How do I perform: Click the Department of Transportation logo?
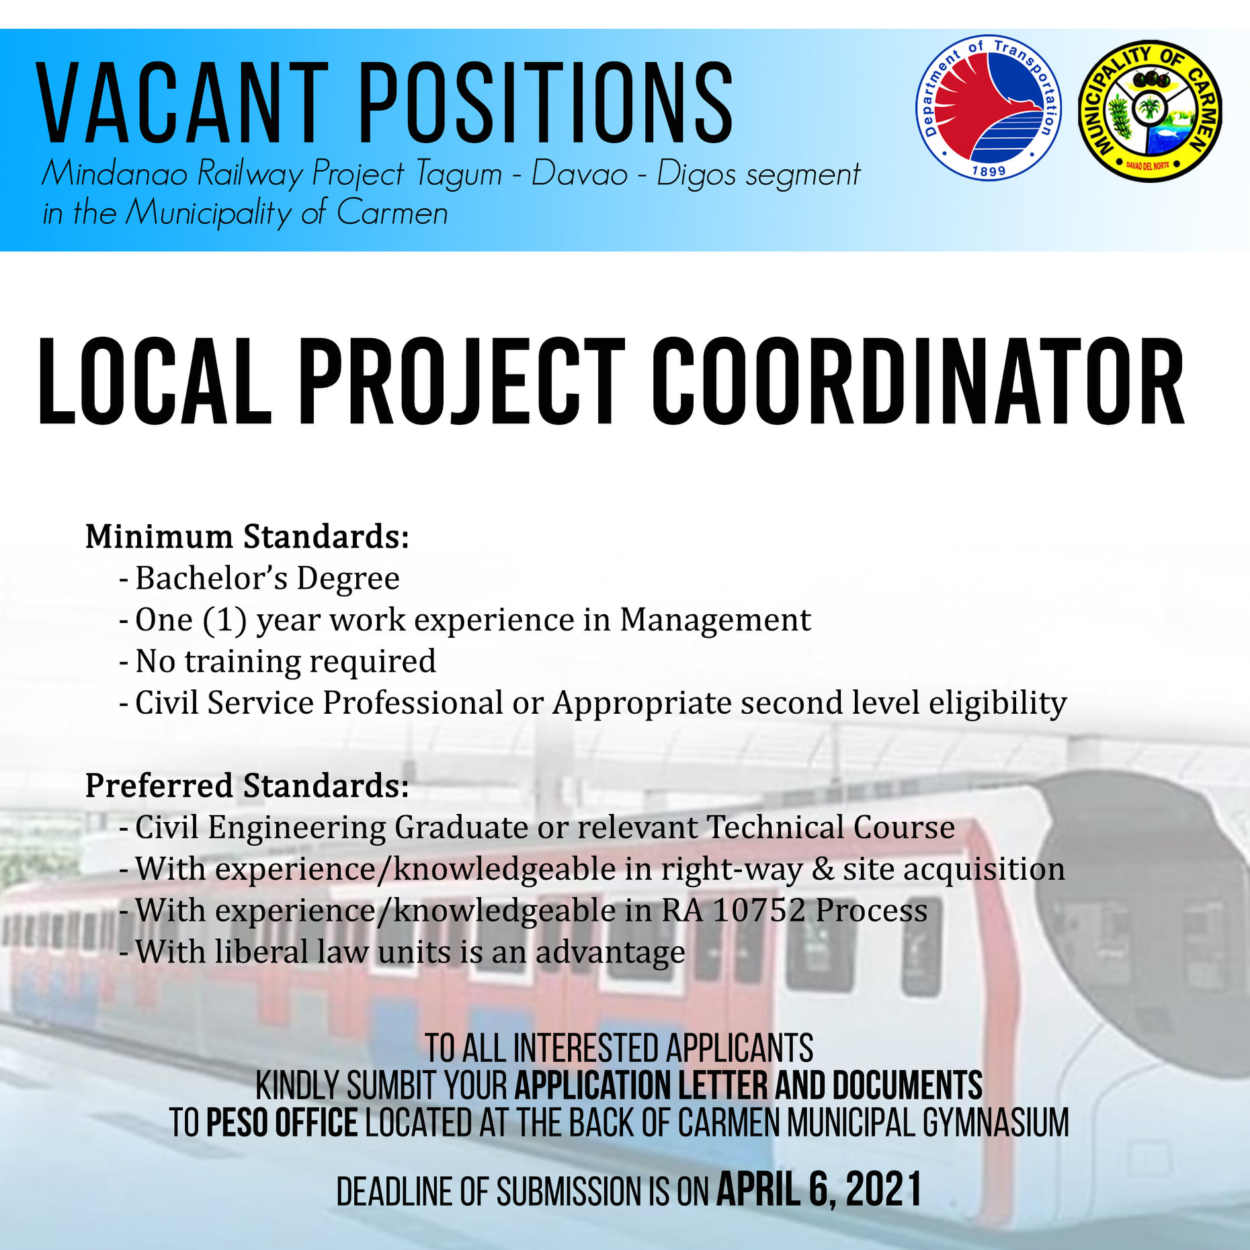pos(989,108)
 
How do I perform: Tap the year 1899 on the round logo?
pos(989,171)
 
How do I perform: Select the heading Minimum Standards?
pos(247,536)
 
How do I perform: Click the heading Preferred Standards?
pos(247,785)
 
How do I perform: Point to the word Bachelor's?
pos(212,578)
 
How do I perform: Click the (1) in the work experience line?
pos(224,620)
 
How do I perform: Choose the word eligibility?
pos(998,704)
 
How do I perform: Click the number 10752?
pos(759,911)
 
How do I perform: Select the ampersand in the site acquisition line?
pos(823,870)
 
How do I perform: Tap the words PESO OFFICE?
pos(282,1122)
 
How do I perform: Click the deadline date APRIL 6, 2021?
pos(819,1189)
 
